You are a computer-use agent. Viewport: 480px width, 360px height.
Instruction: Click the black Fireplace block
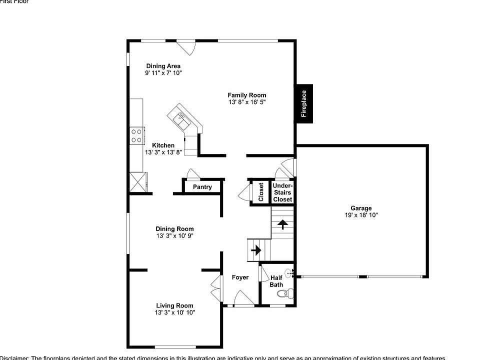(x=303, y=103)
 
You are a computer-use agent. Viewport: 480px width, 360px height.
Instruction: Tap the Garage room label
(x=360, y=208)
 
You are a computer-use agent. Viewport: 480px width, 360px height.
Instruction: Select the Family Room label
(x=246, y=95)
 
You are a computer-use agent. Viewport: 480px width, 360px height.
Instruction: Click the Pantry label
(x=202, y=187)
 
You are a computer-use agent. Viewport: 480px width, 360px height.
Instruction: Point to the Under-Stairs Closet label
(x=282, y=192)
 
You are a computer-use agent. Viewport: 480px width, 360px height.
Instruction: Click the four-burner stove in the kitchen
(x=136, y=135)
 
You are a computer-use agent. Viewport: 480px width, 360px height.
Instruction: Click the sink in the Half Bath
(x=293, y=274)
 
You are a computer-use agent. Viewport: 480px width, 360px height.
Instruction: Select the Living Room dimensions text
(x=174, y=312)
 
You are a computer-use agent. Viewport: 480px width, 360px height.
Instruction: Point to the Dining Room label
(x=174, y=229)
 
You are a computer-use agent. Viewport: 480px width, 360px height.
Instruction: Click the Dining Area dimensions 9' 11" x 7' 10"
(x=163, y=73)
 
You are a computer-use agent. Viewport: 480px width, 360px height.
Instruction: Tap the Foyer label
(x=240, y=277)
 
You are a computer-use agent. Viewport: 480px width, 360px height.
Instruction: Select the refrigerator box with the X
(x=138, y=181)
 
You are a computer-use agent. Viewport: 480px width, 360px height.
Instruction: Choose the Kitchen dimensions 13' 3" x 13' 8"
(x=163, y=152)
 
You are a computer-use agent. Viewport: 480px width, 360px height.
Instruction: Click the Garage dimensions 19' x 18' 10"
(x=360, y=215)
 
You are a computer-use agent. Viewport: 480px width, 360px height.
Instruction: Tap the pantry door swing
(x=192, y=174)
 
